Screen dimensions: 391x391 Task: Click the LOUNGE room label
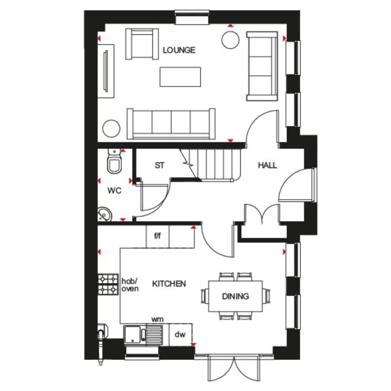179,50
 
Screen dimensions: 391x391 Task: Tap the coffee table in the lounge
180,77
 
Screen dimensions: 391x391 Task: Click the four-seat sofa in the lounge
171,123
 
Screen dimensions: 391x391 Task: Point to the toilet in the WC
115,163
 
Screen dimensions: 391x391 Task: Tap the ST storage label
159,166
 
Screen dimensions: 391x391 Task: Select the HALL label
267,166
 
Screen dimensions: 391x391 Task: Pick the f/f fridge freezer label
157,236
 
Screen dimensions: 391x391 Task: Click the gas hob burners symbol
108,284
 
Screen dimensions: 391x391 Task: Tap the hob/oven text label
130,285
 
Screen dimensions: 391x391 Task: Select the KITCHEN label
169,284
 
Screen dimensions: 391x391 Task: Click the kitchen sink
133,335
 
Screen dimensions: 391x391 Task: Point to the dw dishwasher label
180,335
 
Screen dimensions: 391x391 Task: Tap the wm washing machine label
157,319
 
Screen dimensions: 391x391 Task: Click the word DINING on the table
235,297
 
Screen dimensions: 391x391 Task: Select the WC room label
114,190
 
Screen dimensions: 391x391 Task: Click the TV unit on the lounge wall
106,71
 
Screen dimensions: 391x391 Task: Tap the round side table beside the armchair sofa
231,40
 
